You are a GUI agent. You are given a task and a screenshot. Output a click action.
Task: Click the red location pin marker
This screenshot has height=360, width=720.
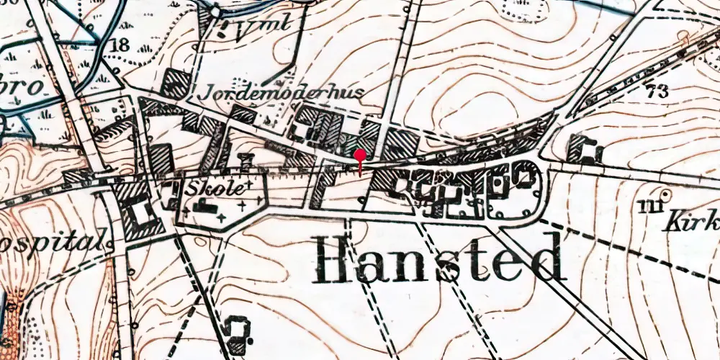(x=360, y=154)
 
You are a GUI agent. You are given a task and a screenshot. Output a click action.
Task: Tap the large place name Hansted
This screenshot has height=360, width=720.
(x=438, y=258)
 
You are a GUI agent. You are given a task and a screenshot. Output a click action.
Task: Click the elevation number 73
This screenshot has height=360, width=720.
(x=657, y=91)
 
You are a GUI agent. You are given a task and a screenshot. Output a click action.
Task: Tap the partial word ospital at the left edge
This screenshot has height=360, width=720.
(x=52, y=240)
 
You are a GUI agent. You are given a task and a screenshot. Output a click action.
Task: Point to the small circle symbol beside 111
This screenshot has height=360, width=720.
(x=666, y=194)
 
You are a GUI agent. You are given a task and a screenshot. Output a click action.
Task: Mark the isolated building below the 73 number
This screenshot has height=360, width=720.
(x=585, y=149)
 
